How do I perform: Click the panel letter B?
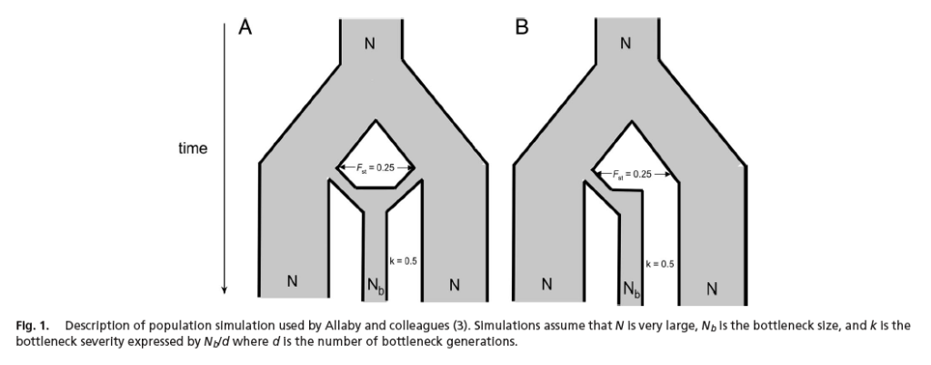(521, 28)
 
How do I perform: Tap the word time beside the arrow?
(193, 148)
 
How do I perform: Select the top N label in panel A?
(369, 43)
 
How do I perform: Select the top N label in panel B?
(625, 43)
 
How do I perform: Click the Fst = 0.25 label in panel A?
(374, 167)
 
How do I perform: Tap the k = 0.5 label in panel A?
(403, 260)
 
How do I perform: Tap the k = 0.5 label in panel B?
(659, 264)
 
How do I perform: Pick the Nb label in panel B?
(630, 291)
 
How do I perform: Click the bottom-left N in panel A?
(292, 282)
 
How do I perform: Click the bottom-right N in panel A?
(455, 286)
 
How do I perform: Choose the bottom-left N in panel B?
(546, 285)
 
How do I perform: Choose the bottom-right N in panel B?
(712, 289)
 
